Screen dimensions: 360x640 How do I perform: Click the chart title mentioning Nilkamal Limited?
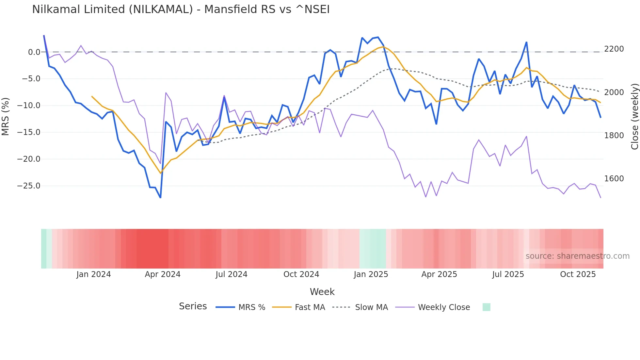[x=181, y=9]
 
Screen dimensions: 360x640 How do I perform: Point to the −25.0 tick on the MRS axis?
[x=29, y=186]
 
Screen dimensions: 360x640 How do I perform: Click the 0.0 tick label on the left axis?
[x=34, y=52]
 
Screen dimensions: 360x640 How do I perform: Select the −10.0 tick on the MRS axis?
[x=29, y=106]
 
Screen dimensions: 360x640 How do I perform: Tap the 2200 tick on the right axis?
[x=614, y=49]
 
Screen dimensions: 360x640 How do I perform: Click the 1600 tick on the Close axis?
[x=614, y=179]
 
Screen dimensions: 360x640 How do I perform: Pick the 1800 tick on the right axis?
[x=614, y=136]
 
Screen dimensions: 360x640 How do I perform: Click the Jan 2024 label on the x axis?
[x=94, y=274]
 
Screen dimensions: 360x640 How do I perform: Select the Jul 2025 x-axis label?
[x=508, y=274]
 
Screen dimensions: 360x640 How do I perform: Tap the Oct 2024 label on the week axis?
[x=301, y=274]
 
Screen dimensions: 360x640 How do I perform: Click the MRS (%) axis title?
[x=6, y=117]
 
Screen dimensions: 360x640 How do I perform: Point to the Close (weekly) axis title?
[x=634, y=117]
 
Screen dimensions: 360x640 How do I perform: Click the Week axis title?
[x=322, y=292]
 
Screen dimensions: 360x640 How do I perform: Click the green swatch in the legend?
[x=486, y=307]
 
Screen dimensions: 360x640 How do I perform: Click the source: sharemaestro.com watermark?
[x=577, y=256]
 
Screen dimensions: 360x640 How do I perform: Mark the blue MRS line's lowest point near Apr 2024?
[x=160, y=197]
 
